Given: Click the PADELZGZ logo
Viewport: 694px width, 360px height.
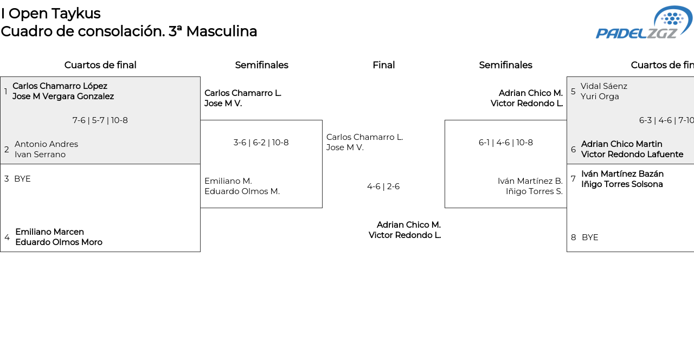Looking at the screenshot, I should pos(644,23).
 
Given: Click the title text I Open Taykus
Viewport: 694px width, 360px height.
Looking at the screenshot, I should pos(50,14).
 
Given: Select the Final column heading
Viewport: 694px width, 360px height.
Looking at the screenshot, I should pos(383,65).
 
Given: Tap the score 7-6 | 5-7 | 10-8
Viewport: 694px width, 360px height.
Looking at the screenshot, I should pos(100,120).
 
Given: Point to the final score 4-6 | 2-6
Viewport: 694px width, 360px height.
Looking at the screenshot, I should pos(383,187).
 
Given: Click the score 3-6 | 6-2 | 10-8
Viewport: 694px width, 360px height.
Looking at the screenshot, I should pos(261,143).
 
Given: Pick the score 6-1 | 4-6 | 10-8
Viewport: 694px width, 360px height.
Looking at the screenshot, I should pos(505,143).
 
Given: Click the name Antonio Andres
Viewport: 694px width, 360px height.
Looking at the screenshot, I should pos(46,144).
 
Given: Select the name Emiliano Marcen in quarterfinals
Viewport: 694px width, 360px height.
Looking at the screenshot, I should pos(49,232).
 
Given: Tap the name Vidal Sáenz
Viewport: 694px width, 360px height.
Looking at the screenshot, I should pos(603,86).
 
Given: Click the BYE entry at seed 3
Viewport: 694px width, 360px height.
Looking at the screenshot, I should pos(22,179).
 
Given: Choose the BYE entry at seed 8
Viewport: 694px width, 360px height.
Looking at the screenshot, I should pos(590,237).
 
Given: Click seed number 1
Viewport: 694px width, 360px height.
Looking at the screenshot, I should pos(6,92).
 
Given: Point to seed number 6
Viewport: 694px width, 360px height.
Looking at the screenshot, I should pos(573,150).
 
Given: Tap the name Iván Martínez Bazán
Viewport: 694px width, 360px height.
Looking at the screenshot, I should pos(622,174).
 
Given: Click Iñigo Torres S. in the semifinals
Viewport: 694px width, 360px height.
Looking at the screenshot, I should pos(534,191).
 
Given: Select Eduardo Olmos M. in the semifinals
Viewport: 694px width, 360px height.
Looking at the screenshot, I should pos(242,191).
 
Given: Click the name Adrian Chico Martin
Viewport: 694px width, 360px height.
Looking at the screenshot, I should pos(621,144).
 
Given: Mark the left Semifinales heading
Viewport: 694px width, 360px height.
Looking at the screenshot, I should pos(261,65).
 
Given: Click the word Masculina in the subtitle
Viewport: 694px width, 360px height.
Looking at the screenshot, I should pos(221,31).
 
